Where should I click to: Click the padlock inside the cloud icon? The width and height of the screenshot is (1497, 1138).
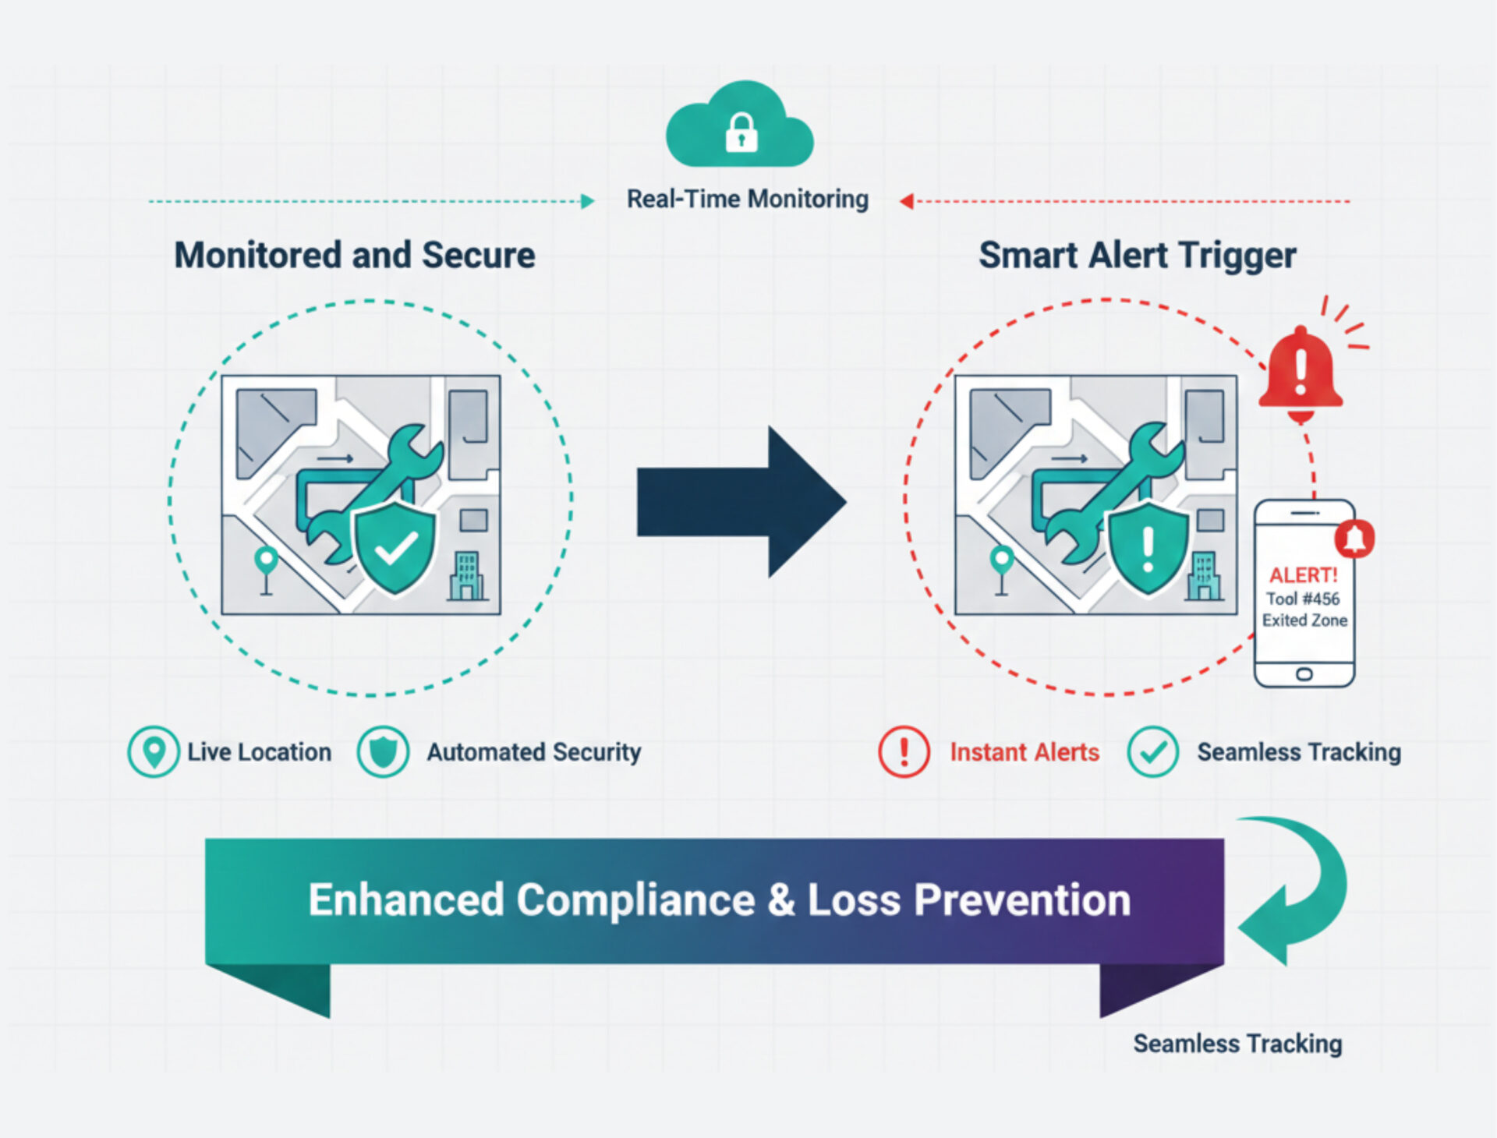(x=741, y=132)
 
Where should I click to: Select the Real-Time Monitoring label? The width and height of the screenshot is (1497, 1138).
(x=747, y=200)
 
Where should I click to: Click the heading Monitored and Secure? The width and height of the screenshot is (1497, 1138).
(x=355, y=256)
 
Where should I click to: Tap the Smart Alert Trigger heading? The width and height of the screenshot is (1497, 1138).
(x=1137, y=256)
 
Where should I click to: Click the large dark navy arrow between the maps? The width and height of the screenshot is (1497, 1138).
(x=741, y=501)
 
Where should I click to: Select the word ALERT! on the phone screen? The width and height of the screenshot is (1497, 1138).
(x=1303, y=575)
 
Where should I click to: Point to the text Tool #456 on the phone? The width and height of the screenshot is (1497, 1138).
(x=1303, y=599)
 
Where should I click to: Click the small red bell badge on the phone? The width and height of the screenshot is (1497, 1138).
(x=1355, y=538)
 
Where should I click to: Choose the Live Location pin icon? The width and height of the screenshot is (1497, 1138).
(x=154, y=751)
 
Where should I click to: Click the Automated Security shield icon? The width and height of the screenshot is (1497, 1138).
(x=383, y=751)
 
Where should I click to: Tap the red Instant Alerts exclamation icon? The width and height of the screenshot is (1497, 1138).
(x=904, y=751)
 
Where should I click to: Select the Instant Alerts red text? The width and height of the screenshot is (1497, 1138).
(x=1024, y=752)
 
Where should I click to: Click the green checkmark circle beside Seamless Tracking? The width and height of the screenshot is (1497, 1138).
(x=1152, y=751)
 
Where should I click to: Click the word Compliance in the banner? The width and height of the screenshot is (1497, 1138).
(x=635, y=899)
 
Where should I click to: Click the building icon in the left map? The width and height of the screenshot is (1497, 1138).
(x=467, y=577)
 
